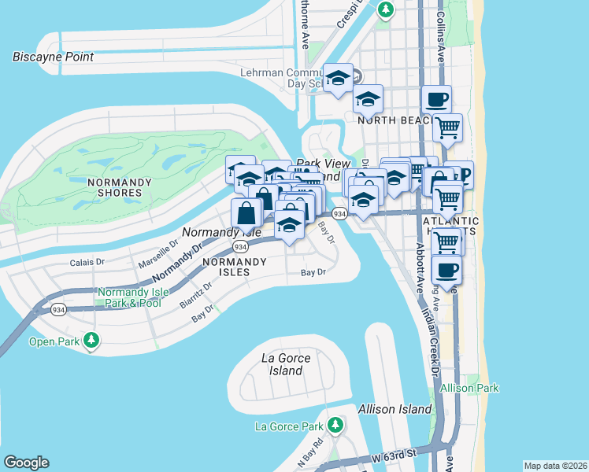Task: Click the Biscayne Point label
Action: [54, 57]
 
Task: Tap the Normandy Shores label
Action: [119, 187]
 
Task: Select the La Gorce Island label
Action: [286, 364]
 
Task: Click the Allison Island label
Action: [395, 409]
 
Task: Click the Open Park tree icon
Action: [92, 340]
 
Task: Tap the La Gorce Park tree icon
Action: [336, 426]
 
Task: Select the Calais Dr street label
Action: [87, 262]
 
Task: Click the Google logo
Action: [26, 463]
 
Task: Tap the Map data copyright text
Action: [554, 466]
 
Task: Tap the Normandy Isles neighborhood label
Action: [226, 267]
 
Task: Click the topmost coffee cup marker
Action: [435, 100]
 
